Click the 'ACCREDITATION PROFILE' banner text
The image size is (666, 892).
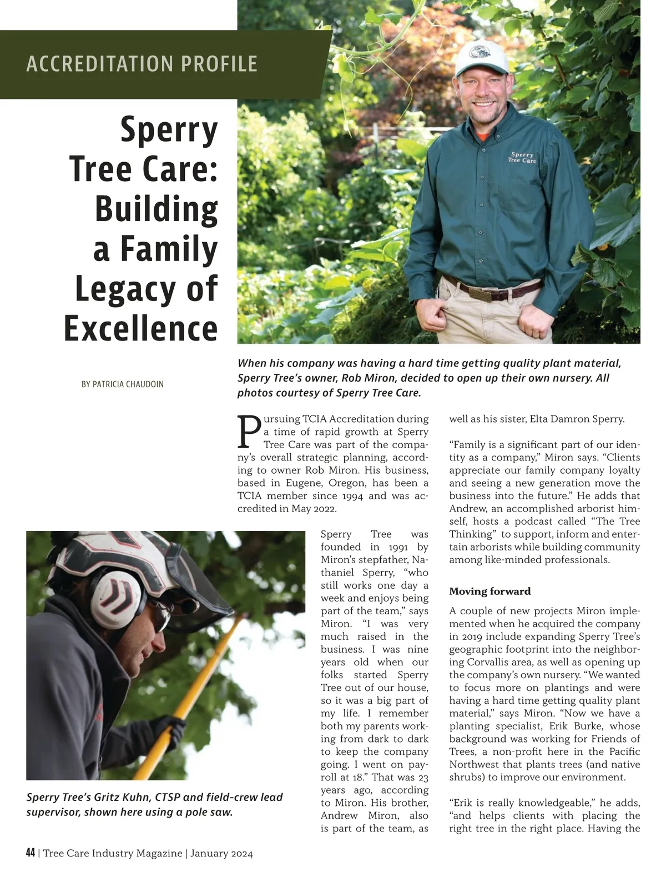click(x=142, y=64)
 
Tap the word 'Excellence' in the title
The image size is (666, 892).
click(x=141, y=329)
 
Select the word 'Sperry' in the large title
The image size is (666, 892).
click(x=169, y=130)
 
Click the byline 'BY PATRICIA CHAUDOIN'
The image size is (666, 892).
click(x=123, y=384)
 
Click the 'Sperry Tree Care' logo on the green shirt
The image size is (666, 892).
click(x=522, y=158)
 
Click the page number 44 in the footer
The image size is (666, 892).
click(x=31, y=853)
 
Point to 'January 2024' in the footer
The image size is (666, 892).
click(x=221, y=854)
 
